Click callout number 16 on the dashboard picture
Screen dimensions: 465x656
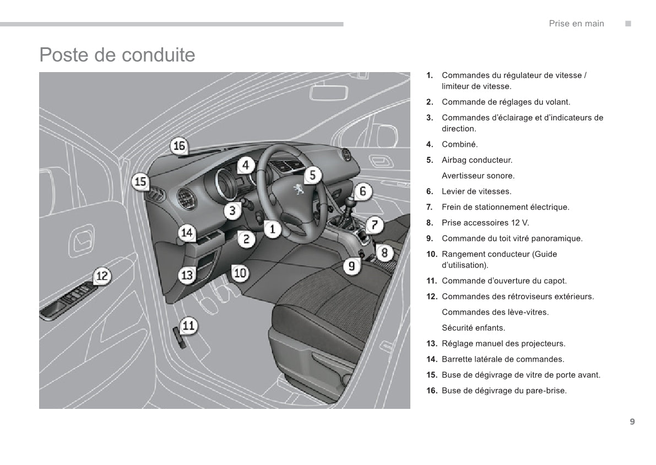pos(180,146)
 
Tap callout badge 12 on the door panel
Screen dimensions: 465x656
pos(102,276)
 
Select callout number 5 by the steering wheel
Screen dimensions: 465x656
pos(312,175)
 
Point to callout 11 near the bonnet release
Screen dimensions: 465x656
pos(189,325)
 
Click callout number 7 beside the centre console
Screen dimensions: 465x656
pos(375,225)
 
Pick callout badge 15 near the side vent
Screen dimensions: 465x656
pos(140,182)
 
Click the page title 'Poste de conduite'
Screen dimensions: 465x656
pos(117,55)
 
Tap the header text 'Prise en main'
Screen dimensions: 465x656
pos(576,24)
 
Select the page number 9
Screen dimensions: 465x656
pos(632,422)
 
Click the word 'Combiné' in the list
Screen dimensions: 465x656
pos(459,145)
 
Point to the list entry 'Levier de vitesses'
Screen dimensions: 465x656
pos(476,192)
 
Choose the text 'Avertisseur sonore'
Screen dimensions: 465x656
pos(478,176)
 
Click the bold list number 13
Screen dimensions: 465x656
pos(431,344)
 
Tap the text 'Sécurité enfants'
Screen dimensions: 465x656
pos(473,328)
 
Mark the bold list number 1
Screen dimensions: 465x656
pos(429,75)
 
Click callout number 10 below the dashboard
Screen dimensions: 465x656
pos(240,272)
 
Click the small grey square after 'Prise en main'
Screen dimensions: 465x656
pos(628,24)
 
